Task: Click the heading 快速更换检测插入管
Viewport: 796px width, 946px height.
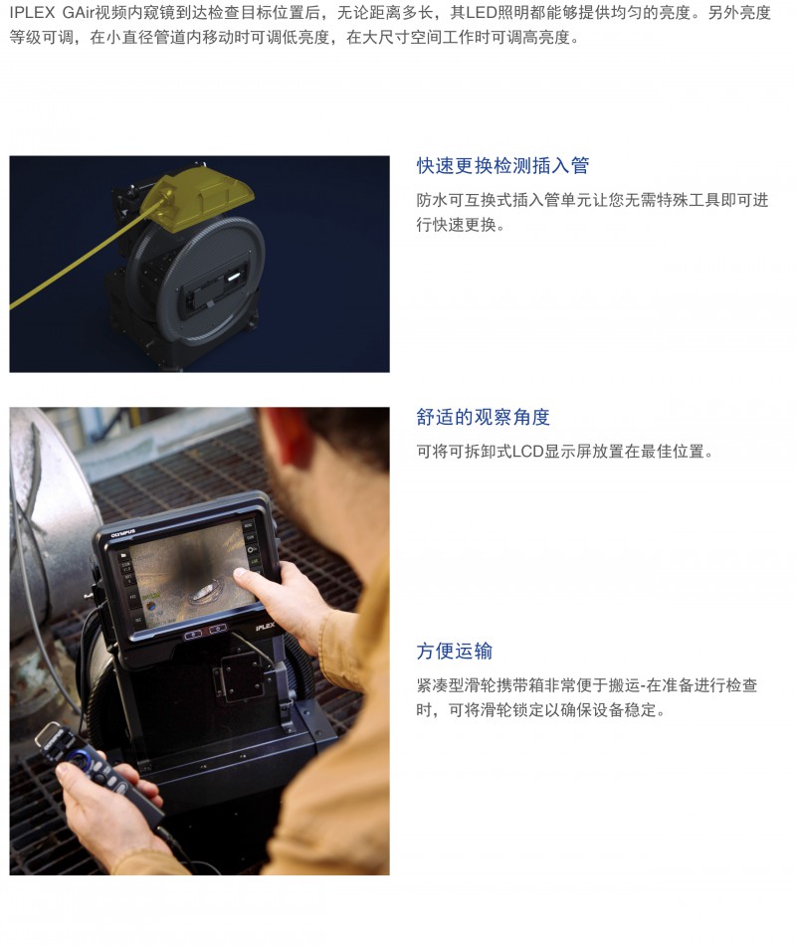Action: (502, 165)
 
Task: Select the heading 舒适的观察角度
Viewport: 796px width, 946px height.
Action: (483, 417)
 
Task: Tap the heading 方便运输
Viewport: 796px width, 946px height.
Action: (455, 651)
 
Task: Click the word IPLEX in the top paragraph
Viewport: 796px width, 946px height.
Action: (33, 13)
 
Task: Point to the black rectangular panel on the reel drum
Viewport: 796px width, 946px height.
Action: (213, 285)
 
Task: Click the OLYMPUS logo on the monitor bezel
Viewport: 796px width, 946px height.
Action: (123, 533)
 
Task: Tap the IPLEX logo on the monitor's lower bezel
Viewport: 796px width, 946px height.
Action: (265, 627)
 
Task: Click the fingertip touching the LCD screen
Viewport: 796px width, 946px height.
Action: (240, 574)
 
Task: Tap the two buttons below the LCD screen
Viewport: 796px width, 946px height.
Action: (206, 632)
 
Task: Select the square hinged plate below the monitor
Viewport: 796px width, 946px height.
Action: (245, 674)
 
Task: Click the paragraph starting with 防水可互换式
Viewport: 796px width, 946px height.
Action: (592, 212)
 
